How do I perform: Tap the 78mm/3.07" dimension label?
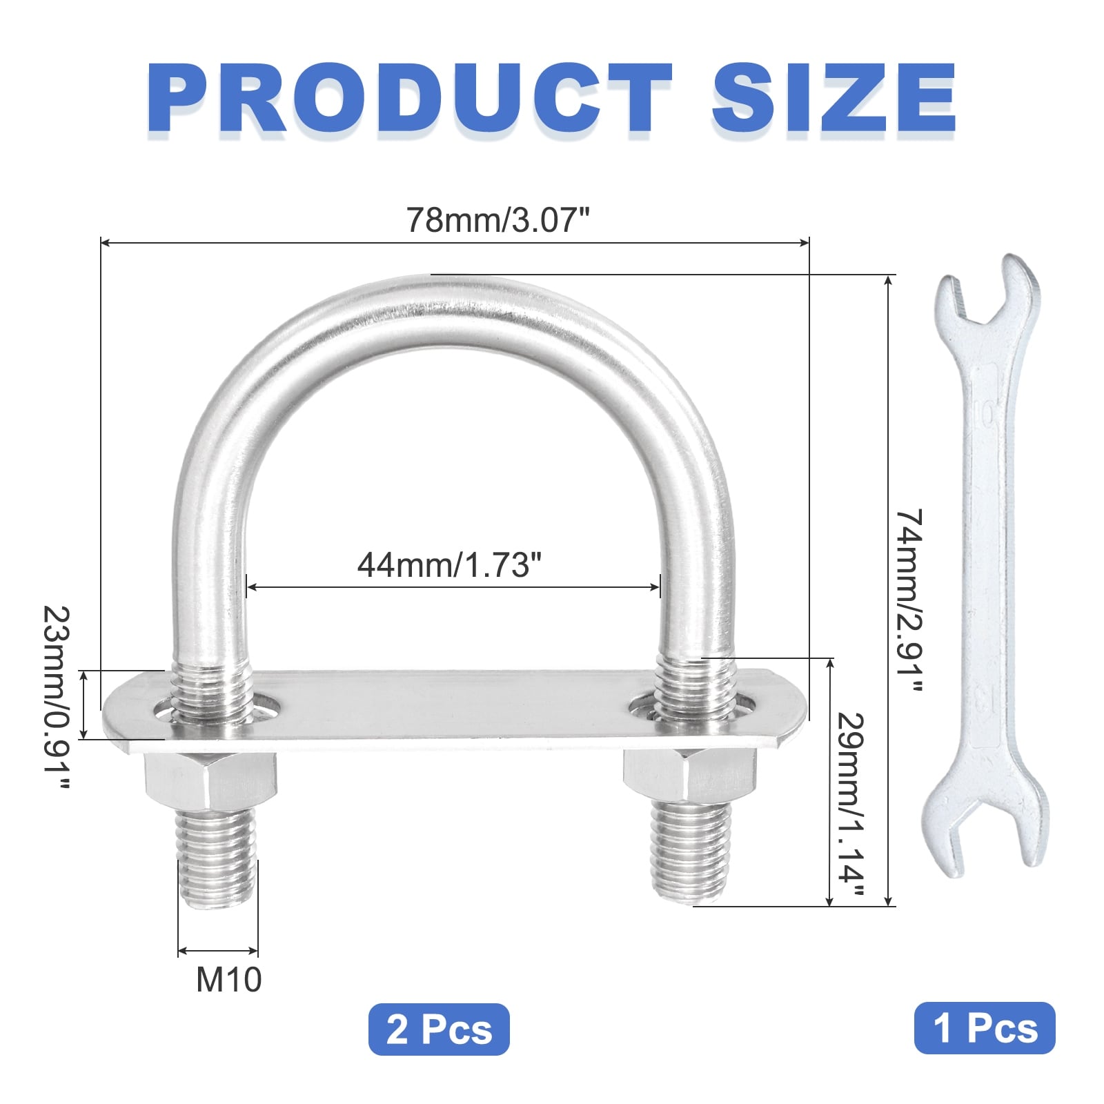[498, 220]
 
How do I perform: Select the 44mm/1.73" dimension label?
[449, 564]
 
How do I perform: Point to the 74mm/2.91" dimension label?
[909, 602]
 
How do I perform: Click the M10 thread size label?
[229, 979]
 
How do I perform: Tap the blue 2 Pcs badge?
[439, 1029]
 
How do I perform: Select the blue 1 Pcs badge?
[985, 1028]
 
